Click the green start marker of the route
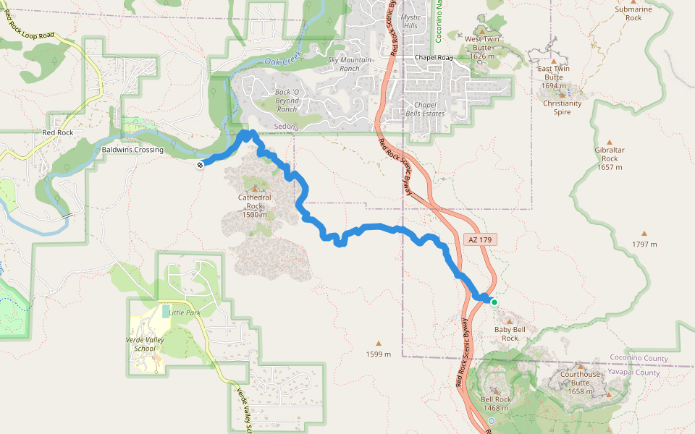[494, 302]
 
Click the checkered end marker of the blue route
[199, 165]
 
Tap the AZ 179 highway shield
[474, 239]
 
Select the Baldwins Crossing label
[133, 150]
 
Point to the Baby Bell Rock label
[510, 333]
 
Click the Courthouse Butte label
[581, 378]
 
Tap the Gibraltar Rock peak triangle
[609, 142]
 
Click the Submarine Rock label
[633, 13]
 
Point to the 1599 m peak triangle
[378, 344]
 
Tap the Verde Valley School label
[145, 344]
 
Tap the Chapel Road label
[434, 57]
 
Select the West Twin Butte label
[482, 43]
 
